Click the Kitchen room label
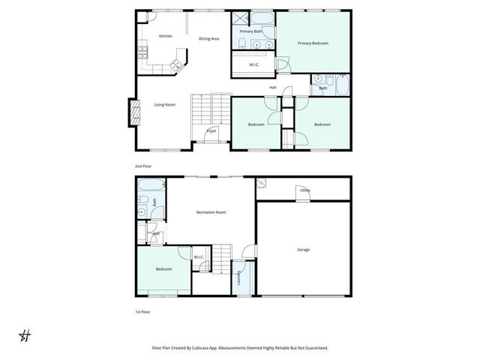coord(166,36)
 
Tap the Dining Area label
coord(208,38)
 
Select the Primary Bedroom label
coord(313,43)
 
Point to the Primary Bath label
coord(250,31)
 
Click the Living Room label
coord(165,104)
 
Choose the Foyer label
coord(211,130)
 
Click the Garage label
coord(303,250)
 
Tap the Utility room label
coord(304,190)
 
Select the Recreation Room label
coord(211,212)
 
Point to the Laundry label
coord(238,278)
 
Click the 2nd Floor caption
coord(142,165)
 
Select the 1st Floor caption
coord(142,310)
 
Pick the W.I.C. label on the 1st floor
coord(199,257)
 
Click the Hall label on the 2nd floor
coord(273,88)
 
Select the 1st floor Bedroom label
coord(163,268)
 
